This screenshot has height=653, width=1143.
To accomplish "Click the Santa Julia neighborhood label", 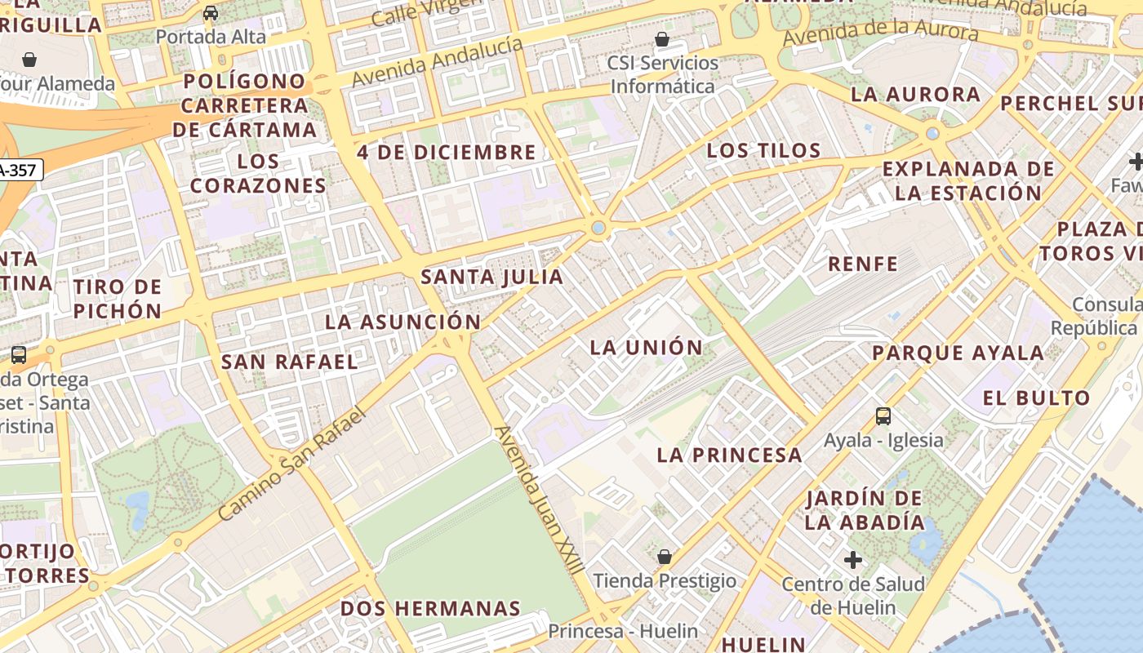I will coord(491,277).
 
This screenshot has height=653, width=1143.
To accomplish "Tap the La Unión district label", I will coord(646,348).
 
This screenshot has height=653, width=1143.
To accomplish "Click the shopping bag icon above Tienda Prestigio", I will coord(665,557).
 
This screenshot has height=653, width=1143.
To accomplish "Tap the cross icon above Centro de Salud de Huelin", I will coord(853,560).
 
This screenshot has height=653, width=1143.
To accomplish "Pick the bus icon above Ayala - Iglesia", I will coord(883,416).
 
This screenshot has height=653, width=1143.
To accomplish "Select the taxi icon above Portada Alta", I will coord(211,13).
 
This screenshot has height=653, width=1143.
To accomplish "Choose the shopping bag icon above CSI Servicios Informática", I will coord(662,39).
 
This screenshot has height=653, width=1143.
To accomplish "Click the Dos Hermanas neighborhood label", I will coord(430,609).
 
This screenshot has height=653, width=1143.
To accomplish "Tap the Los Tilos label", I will coord(763,151).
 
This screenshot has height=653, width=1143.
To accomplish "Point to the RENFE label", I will coord(863,264).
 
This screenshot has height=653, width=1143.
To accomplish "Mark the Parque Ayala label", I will coord(958,353).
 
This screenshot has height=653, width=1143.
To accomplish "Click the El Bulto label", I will coord(1036,398).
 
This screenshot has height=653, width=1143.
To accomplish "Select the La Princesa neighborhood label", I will coord(729,455).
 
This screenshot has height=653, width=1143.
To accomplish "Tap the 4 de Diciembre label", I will coord(447,153).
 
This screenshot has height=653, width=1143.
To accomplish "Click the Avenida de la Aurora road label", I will coord(880,33).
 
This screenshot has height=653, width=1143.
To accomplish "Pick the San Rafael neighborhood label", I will coord(290,362).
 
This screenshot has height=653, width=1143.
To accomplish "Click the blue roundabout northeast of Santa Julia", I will coord(598,228).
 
